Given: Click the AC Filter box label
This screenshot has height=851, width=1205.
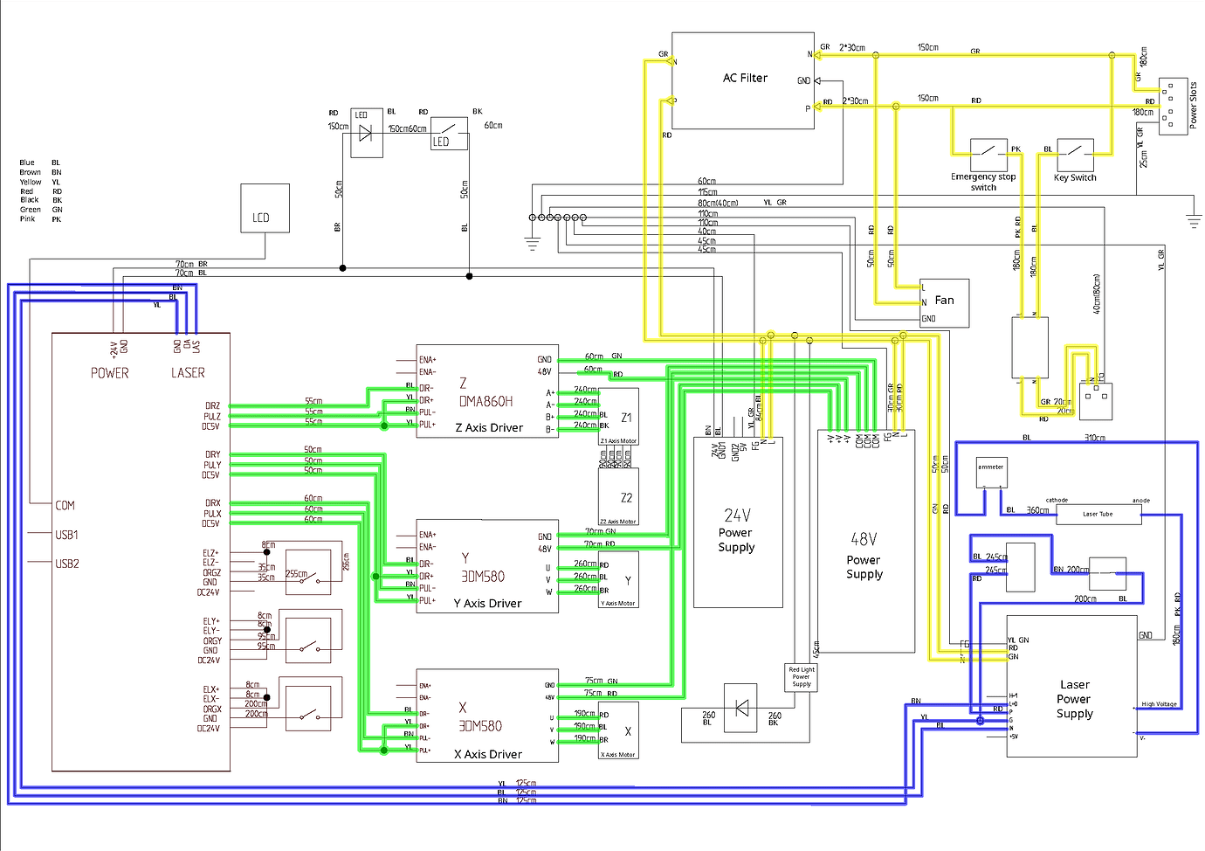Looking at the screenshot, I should [x=745, y=78].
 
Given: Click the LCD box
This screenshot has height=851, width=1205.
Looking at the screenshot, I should [x=265, y=208].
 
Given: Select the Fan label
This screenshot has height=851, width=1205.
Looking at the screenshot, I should [x=944, y=300].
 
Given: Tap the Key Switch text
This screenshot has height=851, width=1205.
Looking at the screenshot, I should [x=1075, y=177].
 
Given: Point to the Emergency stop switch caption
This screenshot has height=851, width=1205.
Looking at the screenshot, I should [x=983, y=182].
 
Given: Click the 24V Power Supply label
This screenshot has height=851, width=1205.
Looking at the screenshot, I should [x=736, y=532].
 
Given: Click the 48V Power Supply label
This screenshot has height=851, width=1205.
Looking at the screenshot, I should [x=864, y=559].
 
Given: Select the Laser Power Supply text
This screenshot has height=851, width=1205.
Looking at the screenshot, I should [x=1074, y=699].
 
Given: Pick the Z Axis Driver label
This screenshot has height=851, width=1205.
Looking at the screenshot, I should [x=489, y=427].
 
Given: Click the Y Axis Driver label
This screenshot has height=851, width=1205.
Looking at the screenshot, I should [x=487, y=603].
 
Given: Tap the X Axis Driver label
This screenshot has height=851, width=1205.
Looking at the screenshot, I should [x=488, y=754].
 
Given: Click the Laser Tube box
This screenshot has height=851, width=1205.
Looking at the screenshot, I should [x=1098, y=514].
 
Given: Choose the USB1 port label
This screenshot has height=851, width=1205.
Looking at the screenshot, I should [x=66, y=535].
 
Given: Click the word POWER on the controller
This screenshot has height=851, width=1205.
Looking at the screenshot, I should [x=110, y=373].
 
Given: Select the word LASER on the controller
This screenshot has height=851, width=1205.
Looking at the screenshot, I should [x=188, y=373].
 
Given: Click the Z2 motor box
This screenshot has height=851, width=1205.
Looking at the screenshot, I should [x=618, y=495].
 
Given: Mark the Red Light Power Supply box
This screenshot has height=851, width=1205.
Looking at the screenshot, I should [x=801, y=677].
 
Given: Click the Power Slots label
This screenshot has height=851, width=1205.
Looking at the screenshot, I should [x=1194, y=106].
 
